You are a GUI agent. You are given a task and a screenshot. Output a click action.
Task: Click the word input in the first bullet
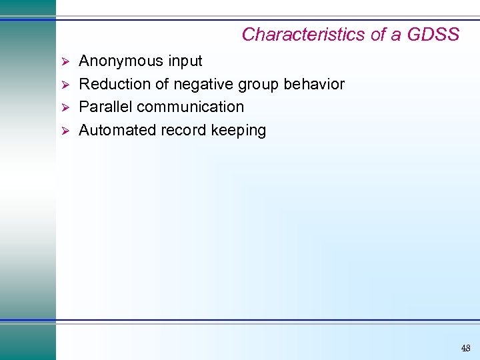[x=185, y=61]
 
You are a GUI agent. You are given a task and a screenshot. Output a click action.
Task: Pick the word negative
[x=209, y=84]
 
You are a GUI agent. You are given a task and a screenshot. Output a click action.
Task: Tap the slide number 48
[x=465, y=347]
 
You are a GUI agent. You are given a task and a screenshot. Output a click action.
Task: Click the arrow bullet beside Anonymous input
[x=65, y=61]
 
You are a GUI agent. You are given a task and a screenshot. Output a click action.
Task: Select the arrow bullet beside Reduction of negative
[x=65, y=85]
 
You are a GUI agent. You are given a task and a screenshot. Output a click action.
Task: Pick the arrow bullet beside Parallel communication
[x=65, y=107]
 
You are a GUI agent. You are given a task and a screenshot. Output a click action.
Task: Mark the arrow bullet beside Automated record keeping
[x=65, y=130]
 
